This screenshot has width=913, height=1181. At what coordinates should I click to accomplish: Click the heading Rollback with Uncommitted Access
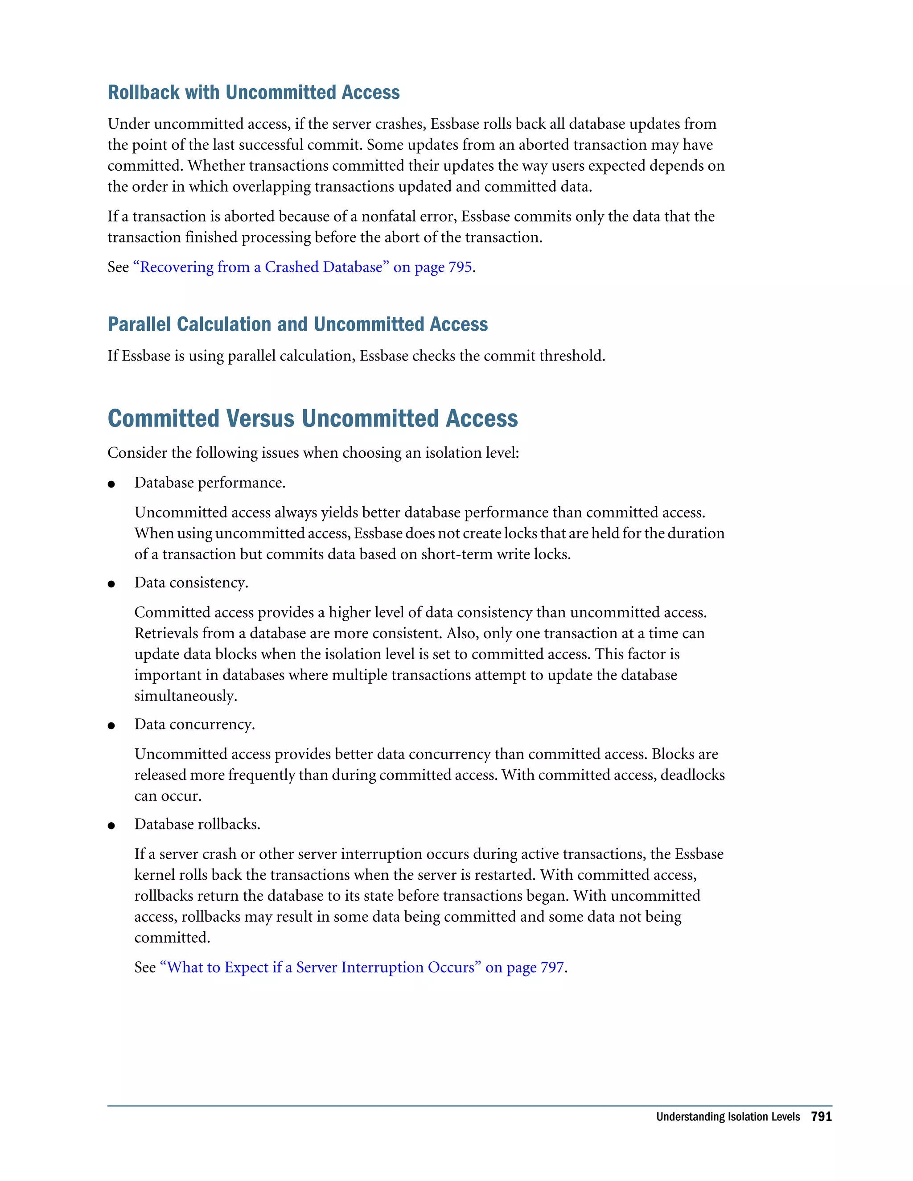tap(253, 92)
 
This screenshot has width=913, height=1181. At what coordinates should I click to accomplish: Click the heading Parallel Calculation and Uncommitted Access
tap(297, 324)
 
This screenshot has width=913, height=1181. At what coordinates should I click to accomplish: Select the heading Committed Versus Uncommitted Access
tap(313, 418)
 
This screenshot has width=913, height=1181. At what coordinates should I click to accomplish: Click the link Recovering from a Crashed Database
tap(261, 267)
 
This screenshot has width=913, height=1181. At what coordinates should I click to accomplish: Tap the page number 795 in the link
tap(460, 267)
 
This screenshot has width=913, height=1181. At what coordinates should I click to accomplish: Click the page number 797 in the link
tap(552, 968)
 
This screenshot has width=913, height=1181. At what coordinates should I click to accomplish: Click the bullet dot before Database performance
tap(111, 484)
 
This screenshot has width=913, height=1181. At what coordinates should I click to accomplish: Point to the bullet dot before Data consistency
tap(111, 584)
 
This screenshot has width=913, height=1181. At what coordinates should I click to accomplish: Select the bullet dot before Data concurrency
tap(111, 726)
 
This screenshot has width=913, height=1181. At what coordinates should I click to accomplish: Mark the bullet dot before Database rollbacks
tap(111, 826)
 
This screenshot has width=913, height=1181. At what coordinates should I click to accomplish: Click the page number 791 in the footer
tap(821, 1117)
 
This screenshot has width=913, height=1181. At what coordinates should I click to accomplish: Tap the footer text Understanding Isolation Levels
tap(728, 1117)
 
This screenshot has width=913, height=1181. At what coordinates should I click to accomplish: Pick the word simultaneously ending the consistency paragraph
tap(185, 696)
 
